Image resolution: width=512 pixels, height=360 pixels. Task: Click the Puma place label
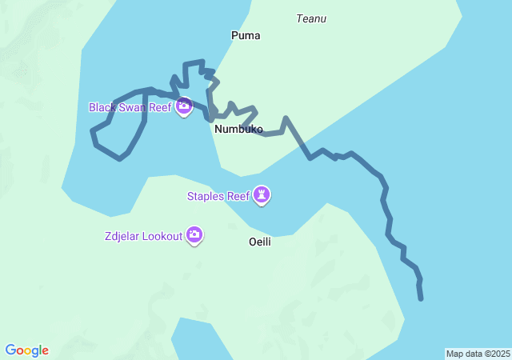tap(246, 35)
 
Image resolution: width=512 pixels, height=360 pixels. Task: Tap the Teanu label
tap(311, 18)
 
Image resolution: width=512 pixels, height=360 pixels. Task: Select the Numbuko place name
tap(238, 129)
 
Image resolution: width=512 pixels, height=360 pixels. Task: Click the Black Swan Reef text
tap(130, 107)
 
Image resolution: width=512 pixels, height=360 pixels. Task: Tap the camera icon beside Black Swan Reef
tap(184, 106)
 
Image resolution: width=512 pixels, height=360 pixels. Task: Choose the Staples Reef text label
tap(218, 195)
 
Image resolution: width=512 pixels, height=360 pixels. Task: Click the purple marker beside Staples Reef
tap(262, 194)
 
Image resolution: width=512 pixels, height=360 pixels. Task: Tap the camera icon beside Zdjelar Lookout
tap(194, 235)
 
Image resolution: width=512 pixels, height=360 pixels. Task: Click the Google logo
tap(27, 350)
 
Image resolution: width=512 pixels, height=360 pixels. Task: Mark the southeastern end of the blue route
tap(421, 299)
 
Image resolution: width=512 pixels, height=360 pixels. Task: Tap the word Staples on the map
tap(206, 195)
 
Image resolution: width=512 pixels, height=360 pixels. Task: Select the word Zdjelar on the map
tap(122, 236)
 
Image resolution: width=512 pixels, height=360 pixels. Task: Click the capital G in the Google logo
tap(11, 350)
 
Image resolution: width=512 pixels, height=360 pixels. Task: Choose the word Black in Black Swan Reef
tap(102, 107)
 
